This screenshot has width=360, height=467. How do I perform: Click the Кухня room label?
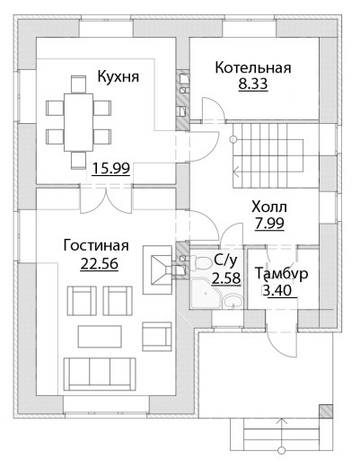[119, 76]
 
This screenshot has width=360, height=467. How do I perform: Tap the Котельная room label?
[253, 67]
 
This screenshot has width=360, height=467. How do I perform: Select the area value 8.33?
[253, 84]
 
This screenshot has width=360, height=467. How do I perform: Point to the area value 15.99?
[111, 168]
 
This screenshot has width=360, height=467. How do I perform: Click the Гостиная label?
[96, 245]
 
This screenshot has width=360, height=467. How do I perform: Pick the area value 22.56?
[100, 264]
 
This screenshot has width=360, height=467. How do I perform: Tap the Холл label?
[269, 207]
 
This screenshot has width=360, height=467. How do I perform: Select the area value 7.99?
[269, 223]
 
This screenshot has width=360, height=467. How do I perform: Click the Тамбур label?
[282, 274]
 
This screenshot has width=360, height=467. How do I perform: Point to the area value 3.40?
[277, 290]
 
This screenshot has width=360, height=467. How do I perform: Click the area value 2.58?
[226, 278]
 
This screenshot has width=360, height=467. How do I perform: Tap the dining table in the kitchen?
[78, 122]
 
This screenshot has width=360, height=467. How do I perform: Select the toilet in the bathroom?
[200, 262]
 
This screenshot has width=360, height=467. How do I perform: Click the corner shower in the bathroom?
[205, 294]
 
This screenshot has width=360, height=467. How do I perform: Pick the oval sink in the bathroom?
[233, 301]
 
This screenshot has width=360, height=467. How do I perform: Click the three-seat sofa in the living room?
[100, 374]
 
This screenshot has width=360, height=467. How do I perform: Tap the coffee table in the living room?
[100, 337]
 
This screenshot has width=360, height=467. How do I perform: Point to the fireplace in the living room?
[158, 270]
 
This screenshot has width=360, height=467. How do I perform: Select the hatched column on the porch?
[326, 411]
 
